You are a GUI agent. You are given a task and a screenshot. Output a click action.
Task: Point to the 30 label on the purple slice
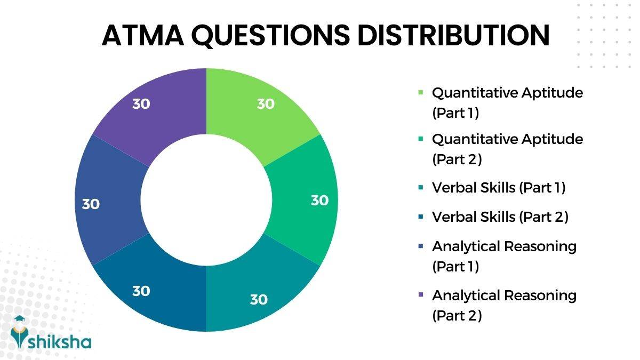click(x=141, y=104)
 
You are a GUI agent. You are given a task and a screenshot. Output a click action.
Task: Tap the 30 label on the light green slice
click(x=266, y=104)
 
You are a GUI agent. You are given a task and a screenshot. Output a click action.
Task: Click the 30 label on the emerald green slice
click(x=319, y=201)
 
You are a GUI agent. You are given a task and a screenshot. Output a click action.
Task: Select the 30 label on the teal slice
click(x=259, y=300)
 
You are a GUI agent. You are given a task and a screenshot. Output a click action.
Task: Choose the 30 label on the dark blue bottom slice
click(x=141, y=291)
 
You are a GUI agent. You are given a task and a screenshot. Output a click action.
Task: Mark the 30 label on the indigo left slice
click(x=91, y=204)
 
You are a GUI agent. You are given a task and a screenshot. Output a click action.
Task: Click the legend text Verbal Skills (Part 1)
click(x=499, y=188)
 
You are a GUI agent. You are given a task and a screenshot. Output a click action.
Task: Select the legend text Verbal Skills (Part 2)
click(x=500, y=217)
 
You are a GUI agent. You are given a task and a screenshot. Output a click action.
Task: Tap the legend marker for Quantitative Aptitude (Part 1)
click(x=421, y=93)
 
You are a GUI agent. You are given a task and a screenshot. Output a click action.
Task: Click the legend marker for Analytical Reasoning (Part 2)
click(x=421, y=295)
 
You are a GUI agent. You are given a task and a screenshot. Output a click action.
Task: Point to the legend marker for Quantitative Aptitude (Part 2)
click(x=421, y=139)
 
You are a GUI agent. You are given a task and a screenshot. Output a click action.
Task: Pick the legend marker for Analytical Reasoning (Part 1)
click(x=421, y=246)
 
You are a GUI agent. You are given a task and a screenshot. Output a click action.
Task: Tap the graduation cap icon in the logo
click(x=20, y=319)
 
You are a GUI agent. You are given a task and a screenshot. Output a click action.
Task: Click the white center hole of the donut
click(x=206, y=201)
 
